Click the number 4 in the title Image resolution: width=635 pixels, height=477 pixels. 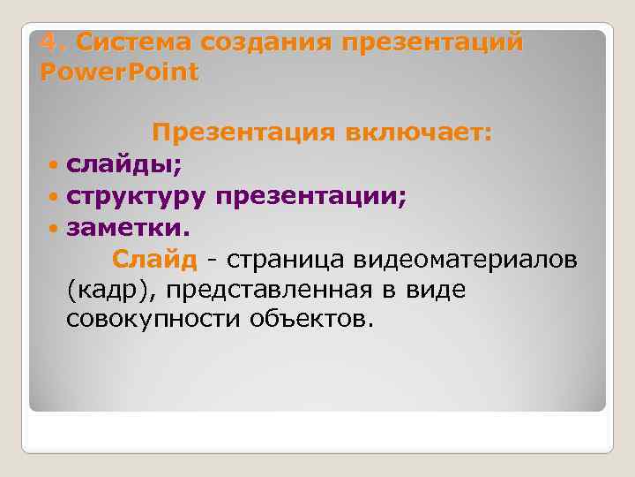coord(49,42)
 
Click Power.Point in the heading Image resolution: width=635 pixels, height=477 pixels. coord(120,72)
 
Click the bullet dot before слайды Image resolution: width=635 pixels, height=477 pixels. coord(55,165)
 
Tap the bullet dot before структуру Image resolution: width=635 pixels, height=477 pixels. coord(55,197)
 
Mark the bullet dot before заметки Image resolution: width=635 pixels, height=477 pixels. coord(55,229)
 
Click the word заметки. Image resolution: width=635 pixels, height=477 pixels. coord(127,228)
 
